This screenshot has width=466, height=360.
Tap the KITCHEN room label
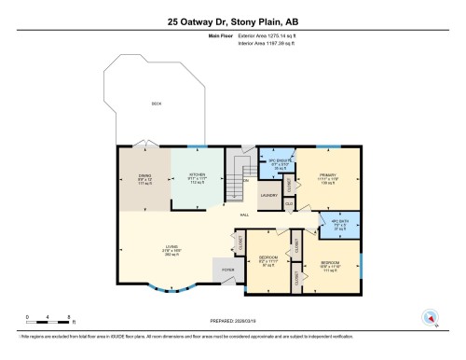pos(197,174)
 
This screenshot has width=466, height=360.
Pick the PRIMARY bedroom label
pos(327,175)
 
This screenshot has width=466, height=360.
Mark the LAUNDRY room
pos(269,195)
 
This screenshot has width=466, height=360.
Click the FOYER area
pos(228,270)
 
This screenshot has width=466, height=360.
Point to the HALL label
pos(245,215)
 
